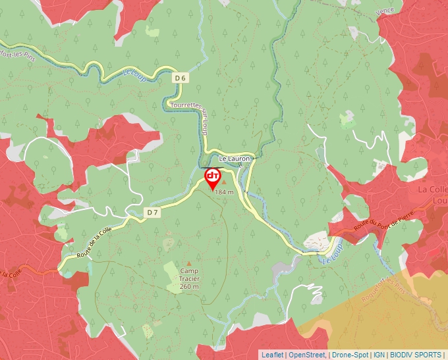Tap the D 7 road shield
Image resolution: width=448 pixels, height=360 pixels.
pos(152,212)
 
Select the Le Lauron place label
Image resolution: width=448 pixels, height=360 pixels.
pos(235,159)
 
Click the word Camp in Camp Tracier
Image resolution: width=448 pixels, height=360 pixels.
pos(190,271)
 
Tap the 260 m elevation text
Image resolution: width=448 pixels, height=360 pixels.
pos(190,287)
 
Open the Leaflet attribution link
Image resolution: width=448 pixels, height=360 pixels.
pos(272,355)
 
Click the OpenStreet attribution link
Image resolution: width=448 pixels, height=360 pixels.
pos(306,355)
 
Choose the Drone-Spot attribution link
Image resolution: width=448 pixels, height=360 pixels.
pos(350,355)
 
